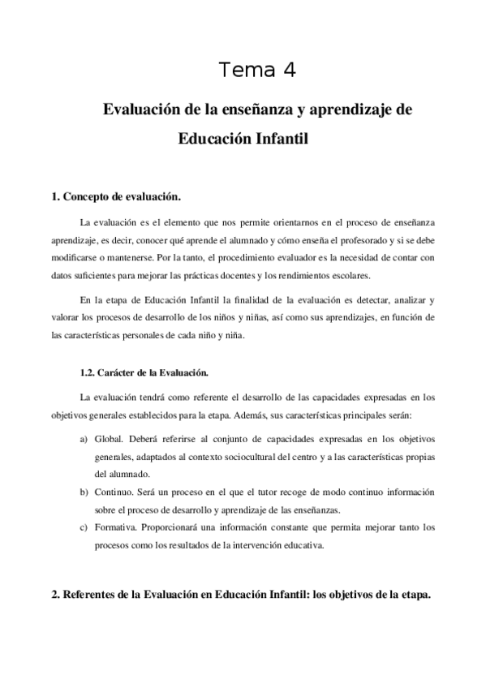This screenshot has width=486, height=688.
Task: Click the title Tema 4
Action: click(x=257, y=71)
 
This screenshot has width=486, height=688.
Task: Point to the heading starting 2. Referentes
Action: click(x=241, y=594)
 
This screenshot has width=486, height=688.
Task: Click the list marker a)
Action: click(x=84, y=439)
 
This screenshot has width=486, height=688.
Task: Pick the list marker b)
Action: click(x=84, y=492)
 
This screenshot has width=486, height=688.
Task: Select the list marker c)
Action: click(x=84, y=527)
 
